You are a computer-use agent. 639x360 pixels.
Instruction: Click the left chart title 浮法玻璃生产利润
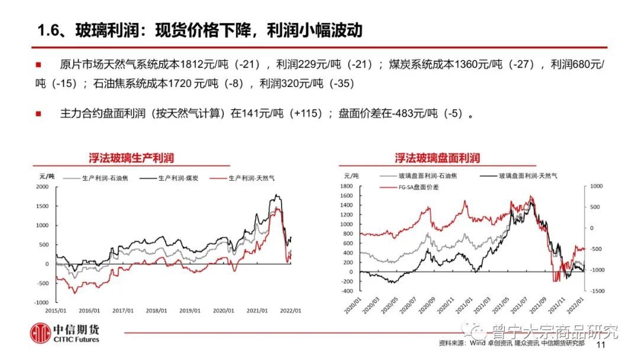tap(131, 158)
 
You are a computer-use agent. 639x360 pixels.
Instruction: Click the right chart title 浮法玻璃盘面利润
tap(437, 158)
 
